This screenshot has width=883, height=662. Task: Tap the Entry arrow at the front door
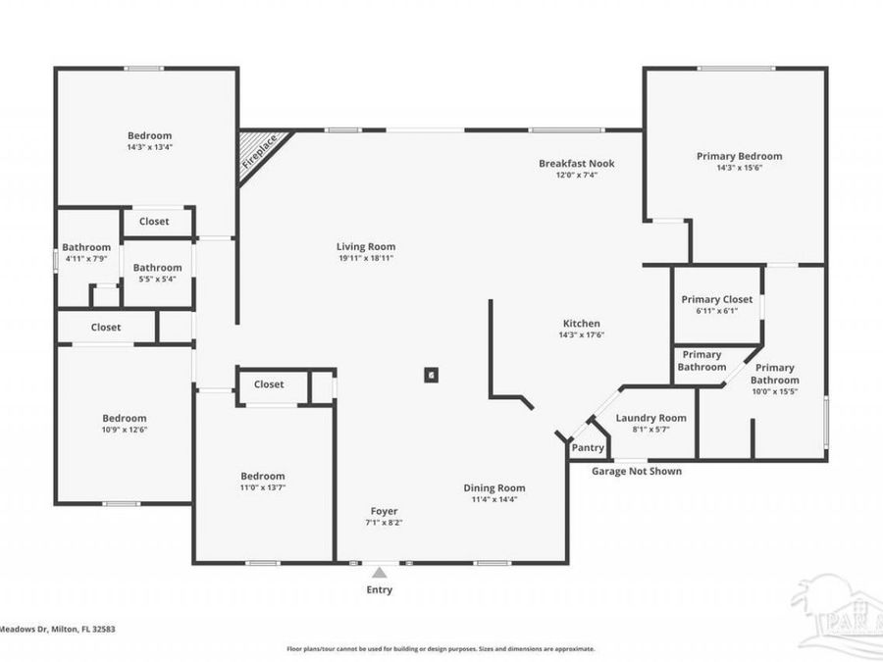380,572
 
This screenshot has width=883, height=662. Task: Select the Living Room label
366,247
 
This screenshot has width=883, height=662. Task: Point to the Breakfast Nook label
576,164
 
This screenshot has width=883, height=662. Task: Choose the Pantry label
588,447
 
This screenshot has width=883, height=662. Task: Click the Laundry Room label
650,418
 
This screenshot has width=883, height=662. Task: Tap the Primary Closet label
717,299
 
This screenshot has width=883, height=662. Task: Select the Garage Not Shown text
636,471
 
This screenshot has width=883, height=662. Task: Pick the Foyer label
384,511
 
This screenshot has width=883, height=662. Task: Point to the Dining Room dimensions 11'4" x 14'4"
494,499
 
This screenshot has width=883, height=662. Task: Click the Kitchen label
581,324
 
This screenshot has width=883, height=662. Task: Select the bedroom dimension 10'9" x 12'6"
125,430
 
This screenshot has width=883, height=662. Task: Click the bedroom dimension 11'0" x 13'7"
263,487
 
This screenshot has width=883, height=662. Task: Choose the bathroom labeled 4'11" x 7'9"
86,259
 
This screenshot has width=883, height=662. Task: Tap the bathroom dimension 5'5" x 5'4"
157,279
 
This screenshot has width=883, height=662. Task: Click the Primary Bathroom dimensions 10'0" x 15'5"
774,391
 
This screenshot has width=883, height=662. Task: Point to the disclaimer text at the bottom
441,648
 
